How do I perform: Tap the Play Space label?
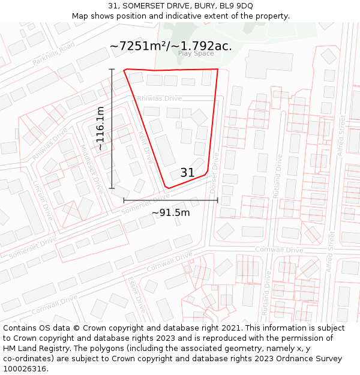pos(196,53)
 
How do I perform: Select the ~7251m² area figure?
pos(142,46)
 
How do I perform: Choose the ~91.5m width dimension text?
pos(170,212)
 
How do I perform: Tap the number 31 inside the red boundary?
pos(187,173)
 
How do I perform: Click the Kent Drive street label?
pos(146,147)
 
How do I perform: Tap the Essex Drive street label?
pos(137,295)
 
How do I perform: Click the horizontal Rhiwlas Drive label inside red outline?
pos(159,98)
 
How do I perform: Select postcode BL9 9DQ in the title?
pos(236,5)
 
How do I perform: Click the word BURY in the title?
pos(204,5)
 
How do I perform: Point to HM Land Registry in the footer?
pos(37,348)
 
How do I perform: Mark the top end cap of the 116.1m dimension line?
pos(112,70)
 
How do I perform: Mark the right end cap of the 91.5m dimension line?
pos(217,200)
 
